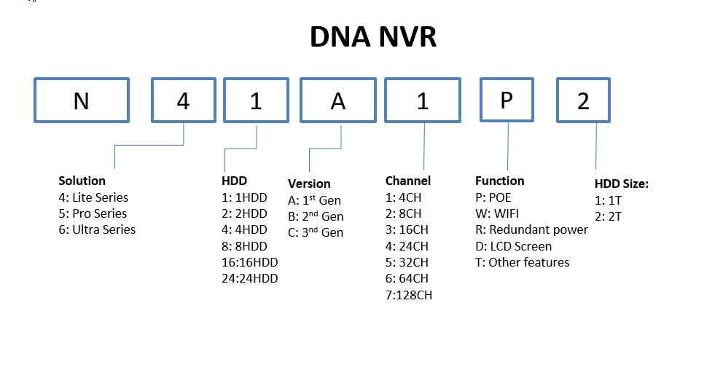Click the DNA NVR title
pyautogui.click(x=373, y=37)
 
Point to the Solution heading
pyautogui.click(x=82, y=181)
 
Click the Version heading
pyautogui.click(x=310, y=184)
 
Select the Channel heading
pyautogui.click(x=408, y=181)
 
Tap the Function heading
pyautogui.click(x=500, y=181)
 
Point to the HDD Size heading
pyautogui.click(x=622, y=184)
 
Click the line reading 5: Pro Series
pyautogui.click(x=93, y=213)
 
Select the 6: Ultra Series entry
pyautogui.click(x=97, y=229)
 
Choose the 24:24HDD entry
pyautogui.click(x=250, y=278)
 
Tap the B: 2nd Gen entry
pyautogui.click(x=316, y=216)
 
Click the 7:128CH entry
pyautogui.click(x=409, y=295)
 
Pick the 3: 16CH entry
pyautogui.click(x=407, y=229)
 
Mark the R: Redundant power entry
pyautogui.click(x=531, y=229)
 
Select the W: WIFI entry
pyautogui.click(x=497, y=213)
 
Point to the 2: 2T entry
pyautogui.click(x=608, y=216)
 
